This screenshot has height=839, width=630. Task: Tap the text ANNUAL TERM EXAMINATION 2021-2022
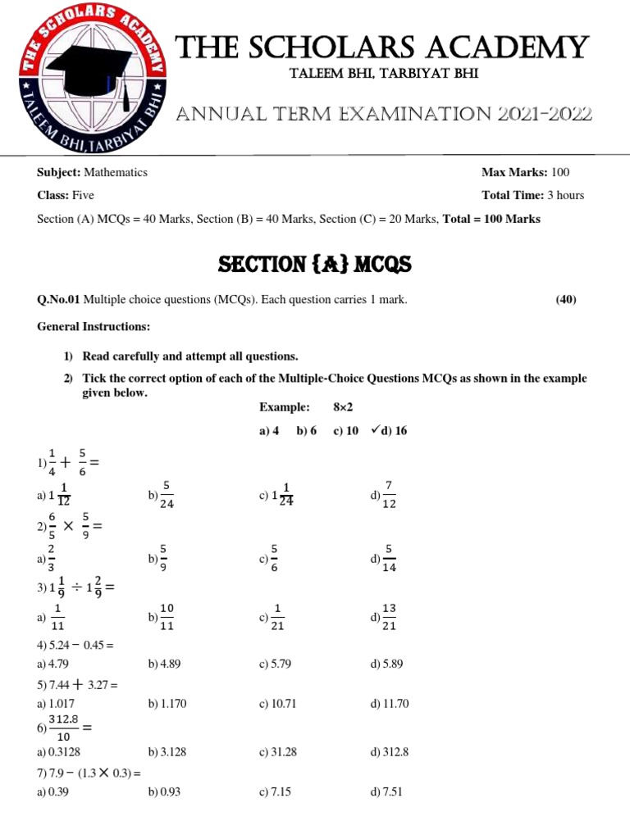coord(384,115)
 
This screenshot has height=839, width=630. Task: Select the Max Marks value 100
coord(560,172)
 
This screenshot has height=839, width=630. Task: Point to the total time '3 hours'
coord(566,195)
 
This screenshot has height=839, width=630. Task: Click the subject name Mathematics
coord(116,172)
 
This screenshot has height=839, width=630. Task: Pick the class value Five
coord(84,195)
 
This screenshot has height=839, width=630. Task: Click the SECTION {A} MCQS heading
coord(315,264)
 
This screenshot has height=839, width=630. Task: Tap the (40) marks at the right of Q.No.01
coord(566,300)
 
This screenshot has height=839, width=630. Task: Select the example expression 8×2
coord(343,407)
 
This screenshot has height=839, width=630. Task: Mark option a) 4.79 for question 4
coord(53,664)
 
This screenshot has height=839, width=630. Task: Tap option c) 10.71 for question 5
coord(276,704)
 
